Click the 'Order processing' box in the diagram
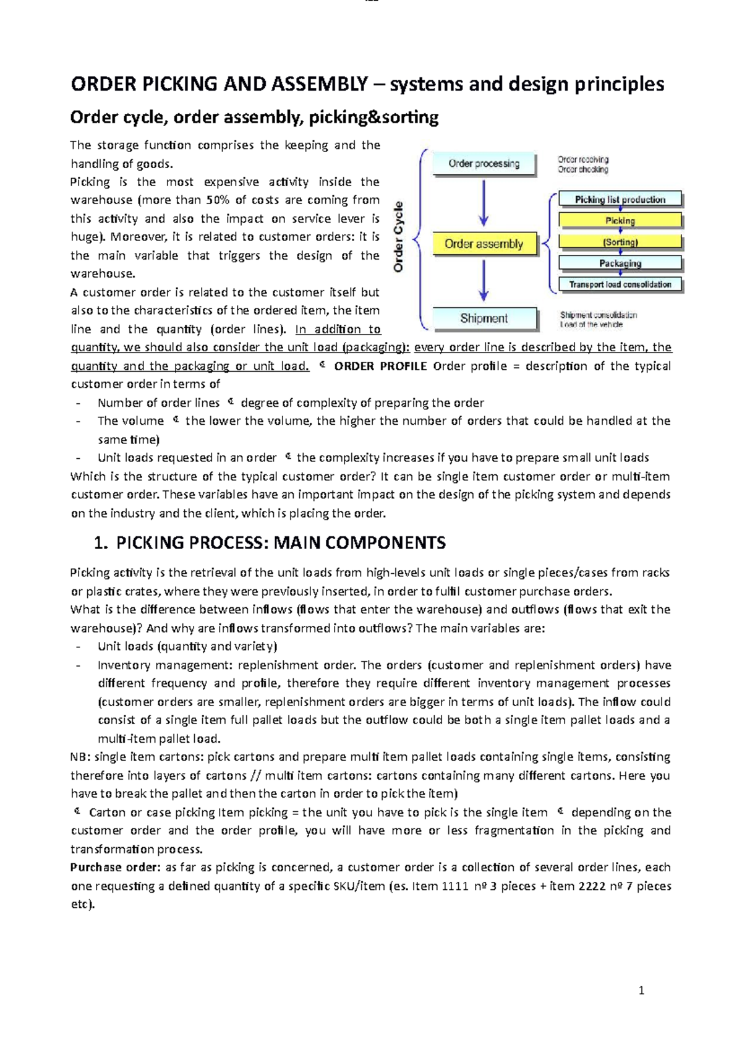484,164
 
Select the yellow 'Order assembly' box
484,244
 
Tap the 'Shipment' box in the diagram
484,318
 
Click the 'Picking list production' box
620,199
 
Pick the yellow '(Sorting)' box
620,242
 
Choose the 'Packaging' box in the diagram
620,263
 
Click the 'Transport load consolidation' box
620,284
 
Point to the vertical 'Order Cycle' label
399,237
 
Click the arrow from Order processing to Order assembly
484,203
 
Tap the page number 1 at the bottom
641,991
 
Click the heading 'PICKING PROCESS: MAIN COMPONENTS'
281,543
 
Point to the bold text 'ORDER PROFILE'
380,366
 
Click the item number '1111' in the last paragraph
455,886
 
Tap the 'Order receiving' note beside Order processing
583,160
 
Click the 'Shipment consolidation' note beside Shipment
598,315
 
